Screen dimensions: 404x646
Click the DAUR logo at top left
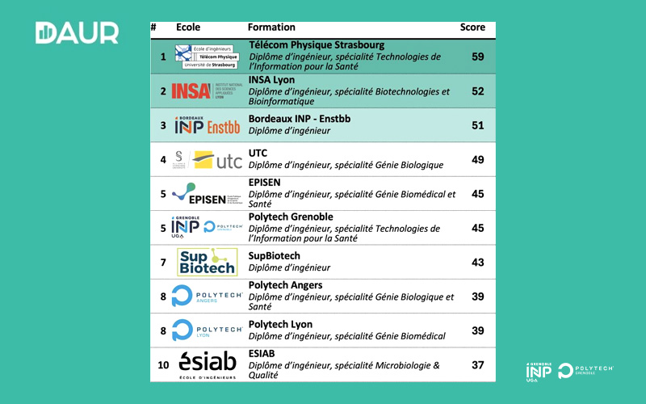pyautogui.click(x=77, y=33)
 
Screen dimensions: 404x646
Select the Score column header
pyautogui.click(x=472, y=27)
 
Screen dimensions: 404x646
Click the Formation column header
pyautogui.click(x=271, y=27)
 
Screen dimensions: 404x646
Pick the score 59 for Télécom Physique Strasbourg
pyautogui.click(x=477, y=57)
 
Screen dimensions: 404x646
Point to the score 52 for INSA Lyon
pyautogui.click(x=477, y=91)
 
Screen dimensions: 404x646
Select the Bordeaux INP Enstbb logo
pyautogui.click(x=207, y=126)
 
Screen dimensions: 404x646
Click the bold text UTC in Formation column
pyautogui.click(x=258, y=153)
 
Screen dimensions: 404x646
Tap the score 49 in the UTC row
pyautogui.click(x=477, y=160)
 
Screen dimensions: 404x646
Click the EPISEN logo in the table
pyautogui.click(x=207, y=195)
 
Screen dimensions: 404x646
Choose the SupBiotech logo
pyautogui.click(x=207, y=262)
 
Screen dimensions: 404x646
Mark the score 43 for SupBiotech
pyautogui.click(x=477, y=263)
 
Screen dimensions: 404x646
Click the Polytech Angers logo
pyautogui.click(x=207, y=297)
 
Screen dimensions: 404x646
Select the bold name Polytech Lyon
pyautogui.click(x=280, y=324)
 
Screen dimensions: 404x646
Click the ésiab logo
pyautogui.click(x=207, y=364)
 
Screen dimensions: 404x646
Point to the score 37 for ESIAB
pyautogui.click(x=477, y=365)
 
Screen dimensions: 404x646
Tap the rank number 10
pyautogui.click(x=163, y=365)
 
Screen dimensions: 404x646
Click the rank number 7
pyautogui.click(x=163, y=263)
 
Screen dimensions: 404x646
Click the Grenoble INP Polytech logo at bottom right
pyautogui.click(x=569, y=370)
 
